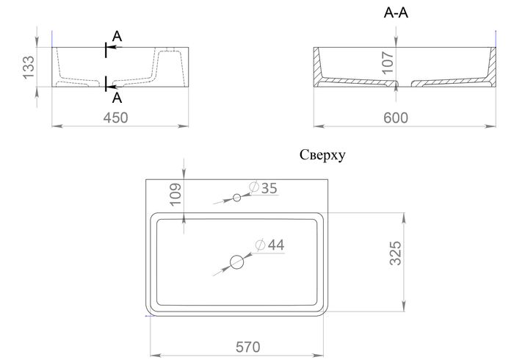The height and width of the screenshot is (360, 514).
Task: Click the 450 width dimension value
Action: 115,118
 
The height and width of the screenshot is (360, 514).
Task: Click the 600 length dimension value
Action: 396,118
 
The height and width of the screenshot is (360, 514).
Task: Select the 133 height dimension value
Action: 29,67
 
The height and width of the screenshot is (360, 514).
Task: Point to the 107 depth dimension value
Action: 388,62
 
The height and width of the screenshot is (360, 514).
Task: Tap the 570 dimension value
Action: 248,347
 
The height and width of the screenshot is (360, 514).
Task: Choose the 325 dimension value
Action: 395,253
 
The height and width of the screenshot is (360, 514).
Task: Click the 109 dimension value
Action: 175,194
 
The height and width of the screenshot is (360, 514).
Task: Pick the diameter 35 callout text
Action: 263,188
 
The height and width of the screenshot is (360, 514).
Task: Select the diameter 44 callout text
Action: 270,245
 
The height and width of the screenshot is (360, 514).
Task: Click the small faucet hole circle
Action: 236,198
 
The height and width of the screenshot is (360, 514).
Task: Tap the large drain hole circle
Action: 236,262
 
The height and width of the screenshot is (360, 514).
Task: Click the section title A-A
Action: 396,12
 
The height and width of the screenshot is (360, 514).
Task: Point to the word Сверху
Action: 322,155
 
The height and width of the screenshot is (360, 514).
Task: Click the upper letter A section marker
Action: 117,36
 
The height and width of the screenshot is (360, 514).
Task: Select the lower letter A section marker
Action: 117,98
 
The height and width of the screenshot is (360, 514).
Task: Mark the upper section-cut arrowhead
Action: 111,47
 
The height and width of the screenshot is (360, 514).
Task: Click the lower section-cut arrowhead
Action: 111,87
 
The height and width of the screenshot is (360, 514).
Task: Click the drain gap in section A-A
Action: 404,84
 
